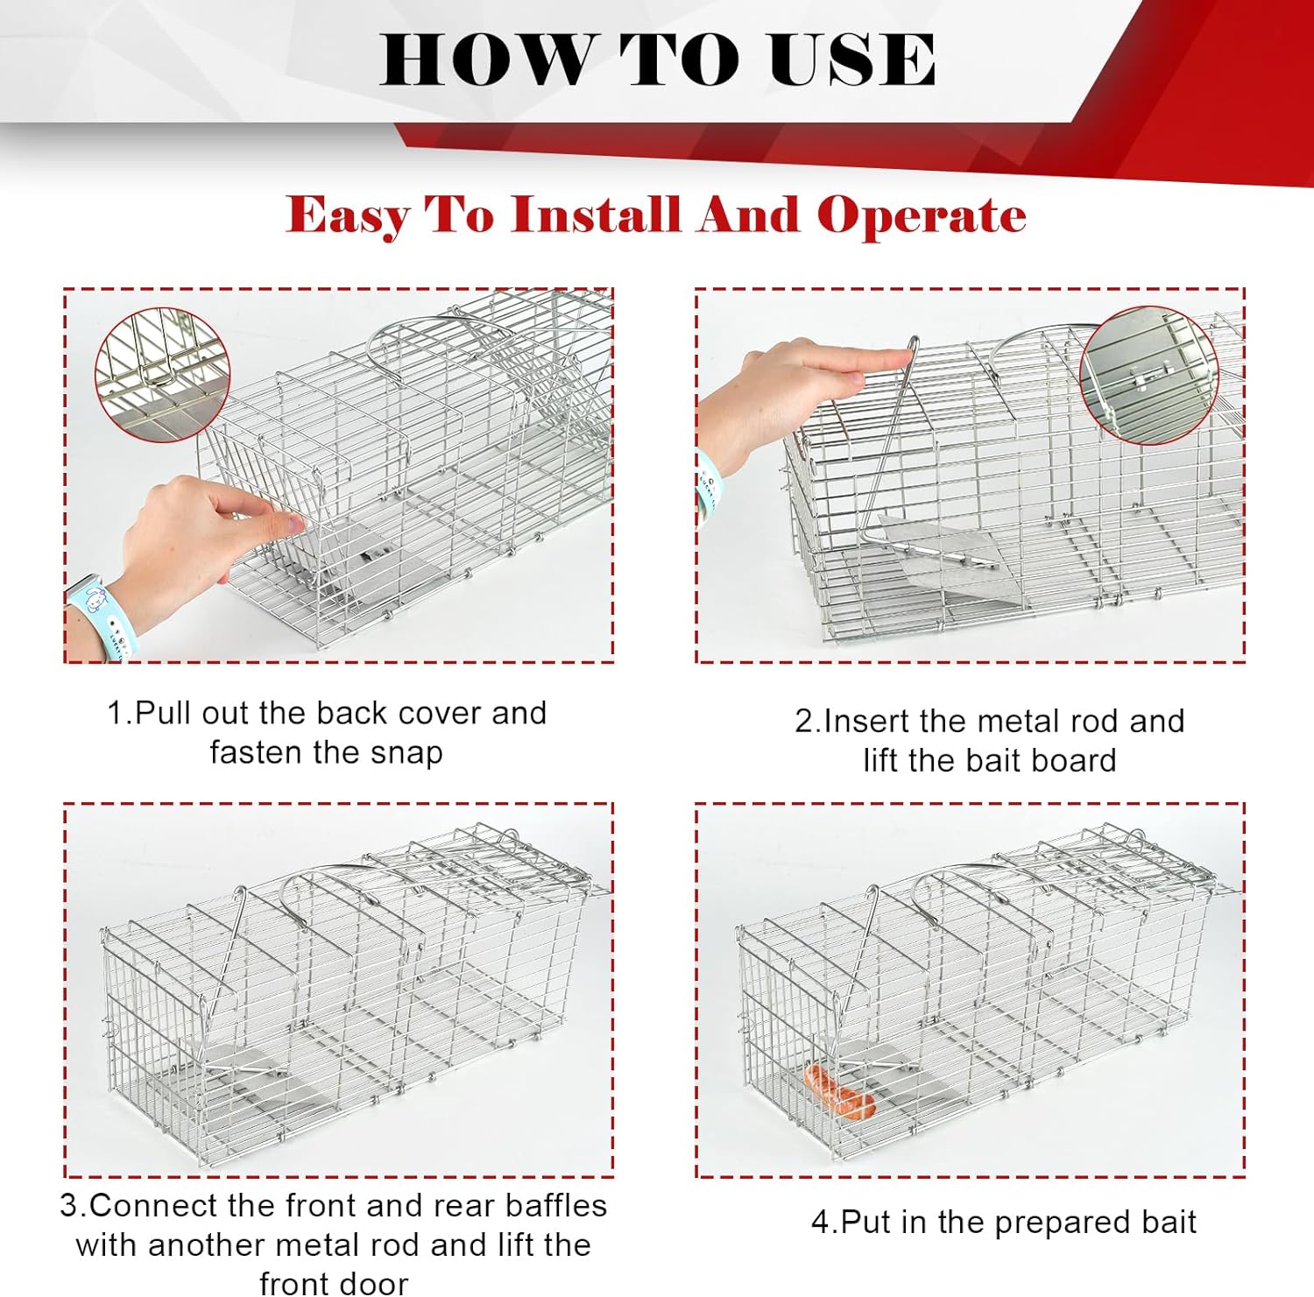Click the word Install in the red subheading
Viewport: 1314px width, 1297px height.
[595, 215]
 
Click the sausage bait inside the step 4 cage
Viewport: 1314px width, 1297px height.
[839, 1091]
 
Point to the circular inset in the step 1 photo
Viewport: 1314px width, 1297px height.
[162, 375]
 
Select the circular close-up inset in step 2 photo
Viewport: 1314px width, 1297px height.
[1149, 374]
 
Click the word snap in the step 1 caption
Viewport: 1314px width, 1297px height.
[406, 753]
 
